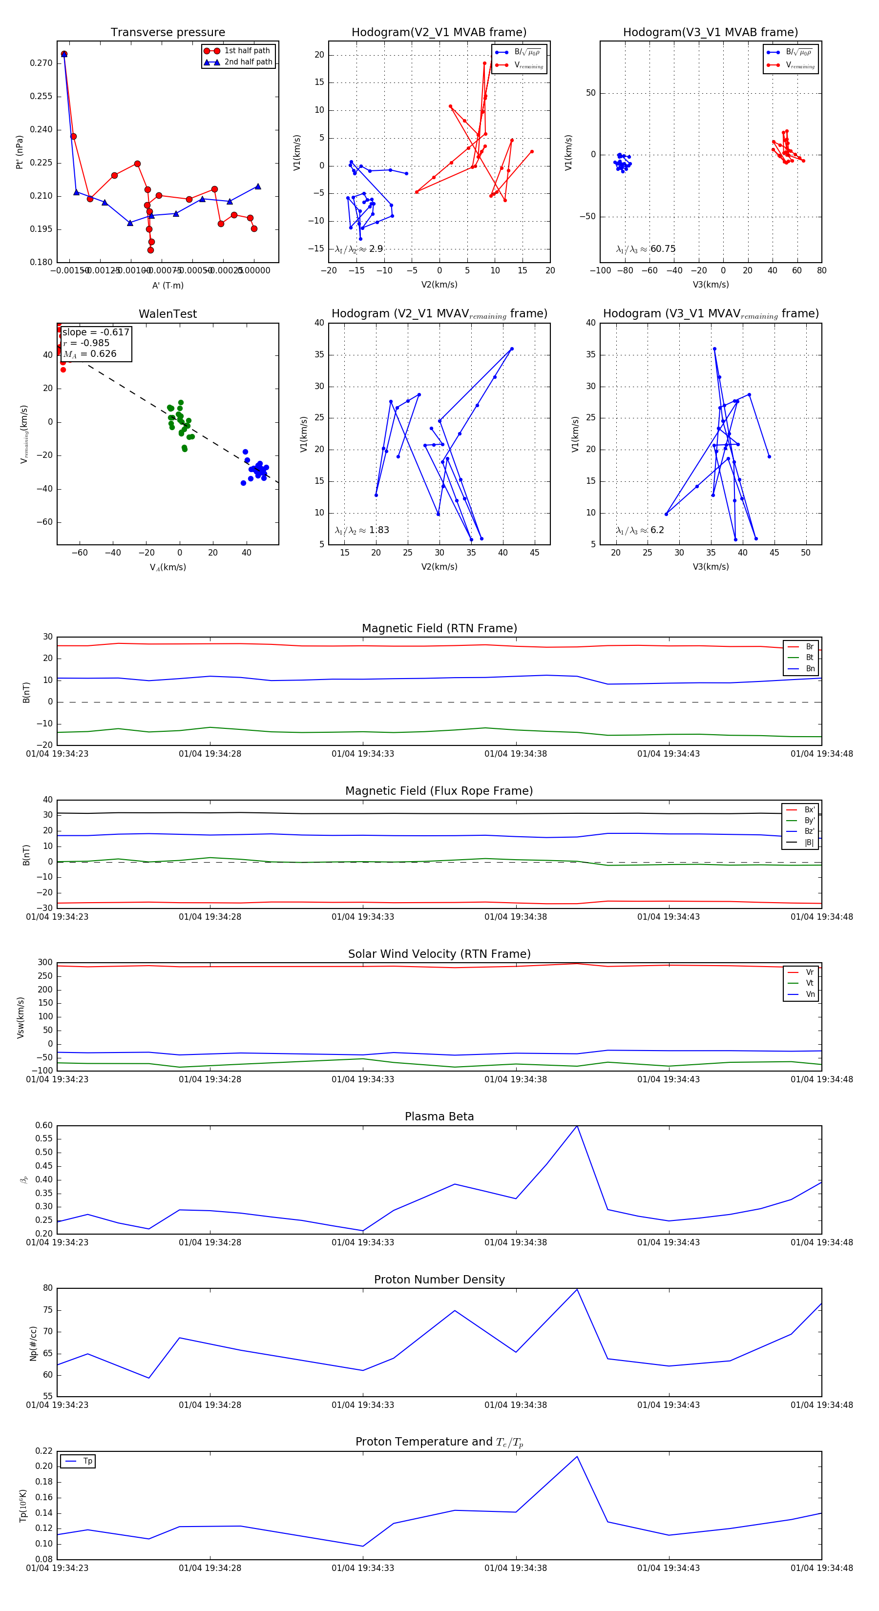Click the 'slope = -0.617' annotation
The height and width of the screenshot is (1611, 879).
coord(96,332)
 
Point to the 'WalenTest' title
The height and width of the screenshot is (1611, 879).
coord(167,314)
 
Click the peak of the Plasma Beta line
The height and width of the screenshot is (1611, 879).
coord(577,1126)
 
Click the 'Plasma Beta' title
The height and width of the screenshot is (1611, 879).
coord(439,1116)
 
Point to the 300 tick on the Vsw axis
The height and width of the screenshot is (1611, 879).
coord(45,963)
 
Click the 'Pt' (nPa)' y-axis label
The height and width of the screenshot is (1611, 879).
coord(20,152)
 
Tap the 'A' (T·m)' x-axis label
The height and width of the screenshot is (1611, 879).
coord(167,285)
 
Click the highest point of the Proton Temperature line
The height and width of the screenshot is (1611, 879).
coord(577,1457)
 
